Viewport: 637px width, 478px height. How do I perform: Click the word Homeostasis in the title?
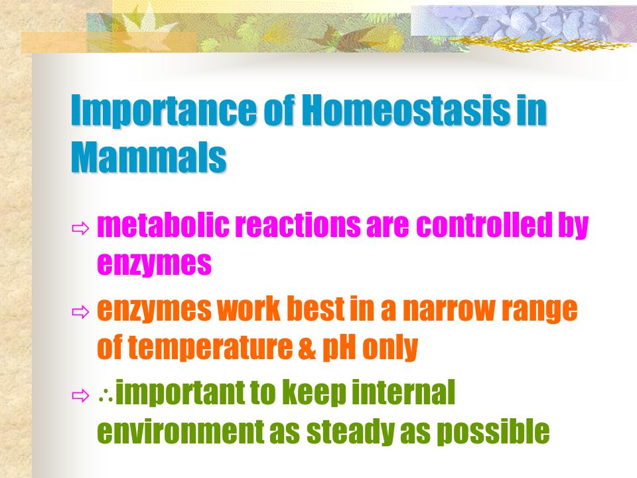[x=406, y=110]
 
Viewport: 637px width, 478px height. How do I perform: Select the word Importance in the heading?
[x=164, y=111]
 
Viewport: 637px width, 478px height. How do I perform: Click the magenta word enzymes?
[x=155, y=264]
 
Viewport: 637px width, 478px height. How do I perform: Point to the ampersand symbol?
[x=307, y=349]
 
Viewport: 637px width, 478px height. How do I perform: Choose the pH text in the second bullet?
[x=339, y=349]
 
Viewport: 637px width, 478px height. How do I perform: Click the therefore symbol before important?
[x=106, y=396]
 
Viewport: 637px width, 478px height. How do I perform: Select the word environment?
[x=180, y=432]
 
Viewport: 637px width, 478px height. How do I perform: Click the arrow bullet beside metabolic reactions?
[x=80, y=228]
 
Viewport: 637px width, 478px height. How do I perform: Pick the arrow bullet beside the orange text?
[x=80, y=312]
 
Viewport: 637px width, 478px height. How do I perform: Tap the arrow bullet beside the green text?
[x=80, y=395]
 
